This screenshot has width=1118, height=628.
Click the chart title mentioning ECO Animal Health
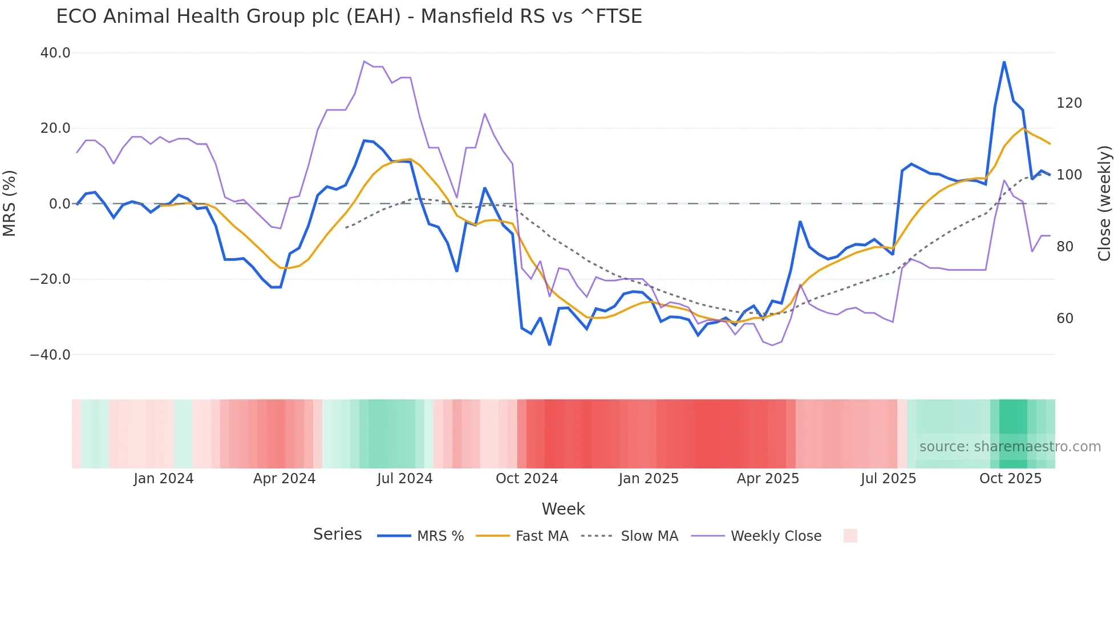point(349,17)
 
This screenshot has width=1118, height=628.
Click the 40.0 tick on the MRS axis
point(55,53)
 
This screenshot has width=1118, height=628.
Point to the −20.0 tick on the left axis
point(50,279)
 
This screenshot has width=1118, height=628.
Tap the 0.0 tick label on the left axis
point(59,204)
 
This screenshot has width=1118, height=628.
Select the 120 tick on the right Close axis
point(1069,103)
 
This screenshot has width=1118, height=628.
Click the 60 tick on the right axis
point(1065,319)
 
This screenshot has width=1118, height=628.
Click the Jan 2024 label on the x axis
point(164,479)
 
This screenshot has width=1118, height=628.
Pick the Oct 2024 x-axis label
point(526,479)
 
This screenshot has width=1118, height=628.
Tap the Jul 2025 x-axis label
point(888,479)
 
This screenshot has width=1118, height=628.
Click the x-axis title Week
point(563,509)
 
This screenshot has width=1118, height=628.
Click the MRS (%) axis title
point(10,203)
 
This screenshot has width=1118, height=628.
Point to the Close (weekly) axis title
point(1104,203)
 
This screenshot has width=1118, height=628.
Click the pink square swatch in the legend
point(850,536)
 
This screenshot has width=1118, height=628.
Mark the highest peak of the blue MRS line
point(1004,62)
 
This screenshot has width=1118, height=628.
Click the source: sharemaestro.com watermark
point(1010,447)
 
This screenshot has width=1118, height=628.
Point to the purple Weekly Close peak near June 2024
point(364,61)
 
